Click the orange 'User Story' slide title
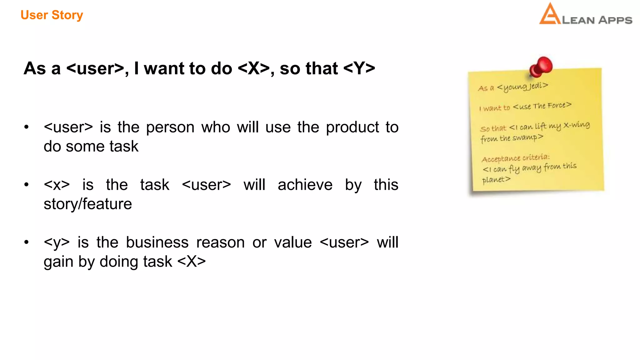[52, 15]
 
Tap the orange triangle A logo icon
[549, 15]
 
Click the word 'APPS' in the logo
[615, 20]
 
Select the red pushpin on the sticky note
[541, 67]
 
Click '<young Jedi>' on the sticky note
[522, 86]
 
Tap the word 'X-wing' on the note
[577, 125]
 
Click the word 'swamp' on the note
[525, 137]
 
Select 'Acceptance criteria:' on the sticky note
[515, 158]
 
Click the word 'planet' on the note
[493, 180]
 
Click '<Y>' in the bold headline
[359, 68]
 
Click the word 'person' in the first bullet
[170, 127]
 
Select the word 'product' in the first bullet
[352, 127]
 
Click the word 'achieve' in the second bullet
[305, 185]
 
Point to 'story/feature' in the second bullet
[88, 204]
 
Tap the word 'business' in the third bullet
[157, 242]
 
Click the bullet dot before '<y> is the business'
[27, 242]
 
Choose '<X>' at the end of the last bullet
[192, 262]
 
